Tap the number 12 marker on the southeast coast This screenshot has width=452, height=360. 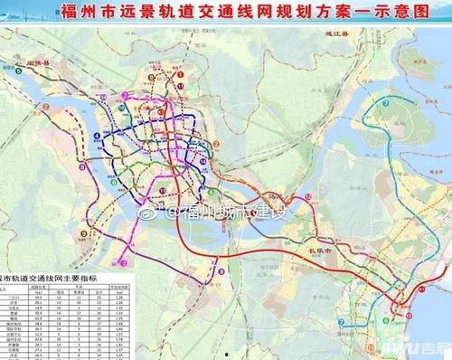click(421, 288)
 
